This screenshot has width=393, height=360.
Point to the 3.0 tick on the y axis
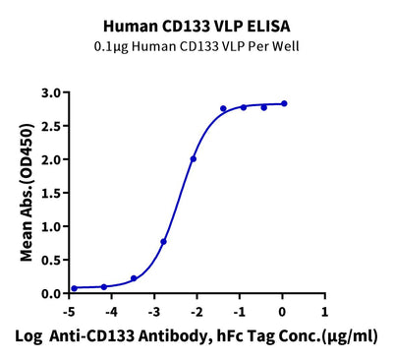[x=52, y=92]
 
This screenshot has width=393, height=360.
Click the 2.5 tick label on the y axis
[x=52, y=126]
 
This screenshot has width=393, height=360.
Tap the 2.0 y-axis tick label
[x=52, y=159]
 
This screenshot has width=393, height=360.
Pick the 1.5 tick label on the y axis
[x=52, y=193]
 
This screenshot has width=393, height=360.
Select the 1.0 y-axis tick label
[x=52, y=226]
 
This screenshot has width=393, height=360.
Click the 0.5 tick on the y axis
[x=52, y=260]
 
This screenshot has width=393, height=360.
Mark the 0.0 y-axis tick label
[x=52, y=293]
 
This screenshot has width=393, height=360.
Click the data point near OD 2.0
[x=194, y=159]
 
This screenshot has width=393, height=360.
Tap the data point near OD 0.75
[x=163, y=242]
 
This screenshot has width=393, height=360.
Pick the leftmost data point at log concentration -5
[x=74, y=288]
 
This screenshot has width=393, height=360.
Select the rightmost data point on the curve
[x=284, y=103]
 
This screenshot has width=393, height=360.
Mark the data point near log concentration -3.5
[x=134, y=278]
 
